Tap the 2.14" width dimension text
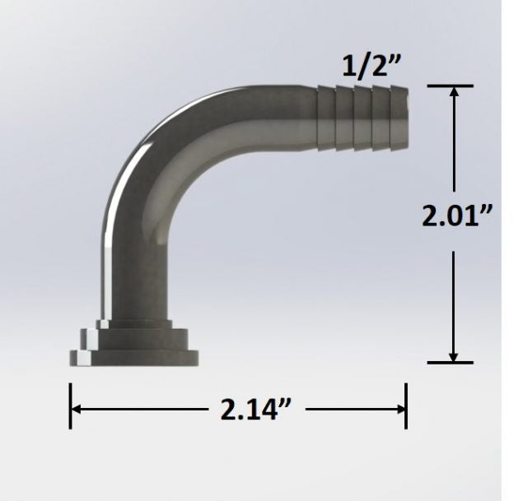(250, 409)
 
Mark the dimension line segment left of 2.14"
(140, 409)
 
